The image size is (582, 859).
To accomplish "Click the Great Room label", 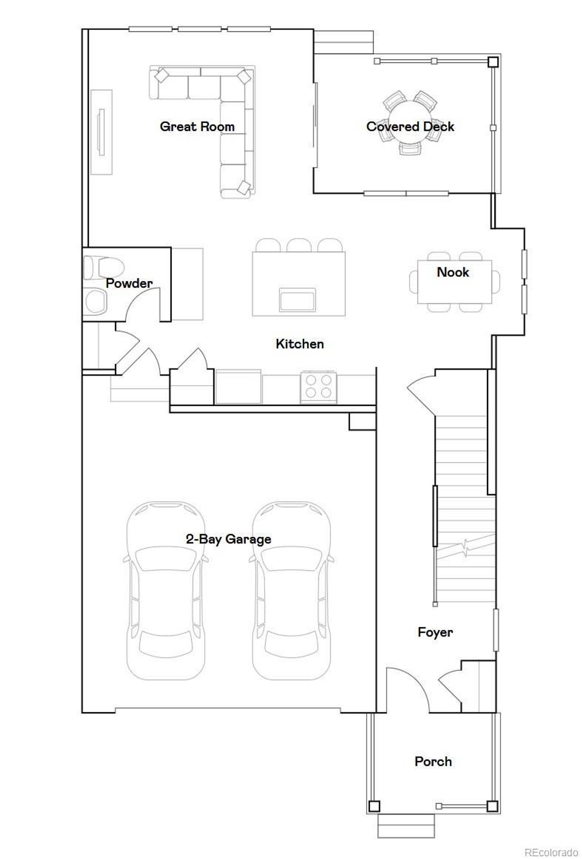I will (197, 126).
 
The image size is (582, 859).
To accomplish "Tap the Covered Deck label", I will (410, 126).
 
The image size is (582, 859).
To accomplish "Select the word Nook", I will (453, 272).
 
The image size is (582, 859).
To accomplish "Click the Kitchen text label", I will (300, 344).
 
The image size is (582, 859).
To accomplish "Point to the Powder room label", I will (129, 283).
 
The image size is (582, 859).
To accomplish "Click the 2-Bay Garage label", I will (228, 539).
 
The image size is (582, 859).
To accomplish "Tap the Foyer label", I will (435, 632).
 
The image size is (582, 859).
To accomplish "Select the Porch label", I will (433, 761).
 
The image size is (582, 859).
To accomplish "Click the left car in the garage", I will (166, 591).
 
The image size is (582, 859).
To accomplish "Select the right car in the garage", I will (291, 591).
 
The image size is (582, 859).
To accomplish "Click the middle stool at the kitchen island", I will (299, 245).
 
